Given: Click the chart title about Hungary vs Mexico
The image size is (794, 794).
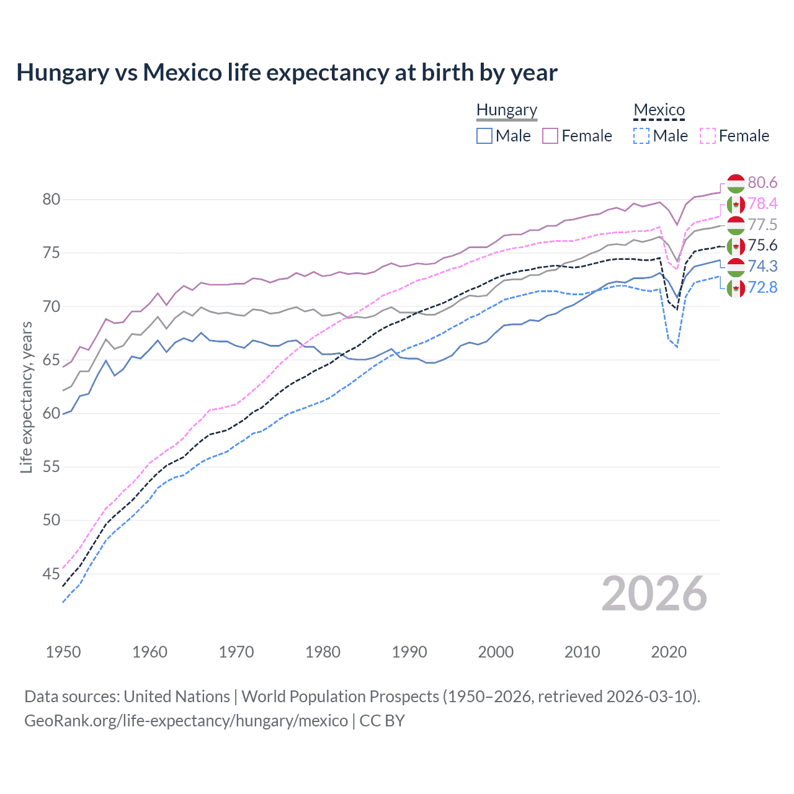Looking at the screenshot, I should coord(287,73).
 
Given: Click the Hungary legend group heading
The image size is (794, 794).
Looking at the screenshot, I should coord(507,110).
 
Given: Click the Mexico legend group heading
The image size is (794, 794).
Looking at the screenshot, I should coord(659,110).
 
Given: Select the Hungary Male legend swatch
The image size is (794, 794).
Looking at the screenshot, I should coord(484,136).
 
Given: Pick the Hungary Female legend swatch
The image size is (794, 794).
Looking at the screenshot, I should coord(550,136).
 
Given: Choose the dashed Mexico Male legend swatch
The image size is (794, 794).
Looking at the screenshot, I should coord(641,136).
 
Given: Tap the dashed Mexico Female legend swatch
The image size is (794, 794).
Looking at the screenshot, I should coord(708,136).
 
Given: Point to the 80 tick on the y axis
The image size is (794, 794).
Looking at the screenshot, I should coord(51,199).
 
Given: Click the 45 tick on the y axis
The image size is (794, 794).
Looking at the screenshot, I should coord(51,574).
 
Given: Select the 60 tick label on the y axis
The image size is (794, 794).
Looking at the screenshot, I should coord(51,413).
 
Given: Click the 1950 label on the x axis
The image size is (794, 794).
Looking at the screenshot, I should coord(63,652).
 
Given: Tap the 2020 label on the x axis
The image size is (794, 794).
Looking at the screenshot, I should coord(669,652).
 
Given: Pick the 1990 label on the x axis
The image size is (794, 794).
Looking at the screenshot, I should coord(409,652).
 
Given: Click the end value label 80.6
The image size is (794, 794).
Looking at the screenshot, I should coord(762,182).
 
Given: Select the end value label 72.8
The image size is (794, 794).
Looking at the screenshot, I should coord(762,287).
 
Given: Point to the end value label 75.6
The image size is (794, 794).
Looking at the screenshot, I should coord(762,246).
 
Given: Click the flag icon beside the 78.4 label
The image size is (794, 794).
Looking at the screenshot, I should coord(736,204).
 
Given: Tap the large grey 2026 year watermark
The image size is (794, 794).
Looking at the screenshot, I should coord(654,594).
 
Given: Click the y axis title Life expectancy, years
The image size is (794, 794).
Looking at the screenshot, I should coord(27,397).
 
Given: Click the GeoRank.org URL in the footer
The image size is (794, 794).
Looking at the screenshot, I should coord(186,721).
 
